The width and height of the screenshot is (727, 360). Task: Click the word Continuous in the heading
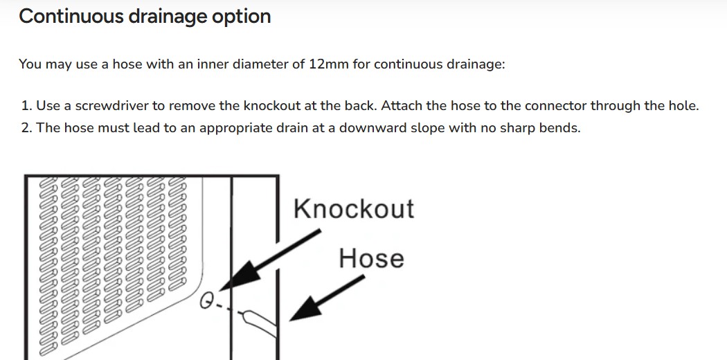point(71,16)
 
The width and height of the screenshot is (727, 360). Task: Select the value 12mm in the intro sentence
point(329,64)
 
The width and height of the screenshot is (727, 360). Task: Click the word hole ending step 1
point(683,106)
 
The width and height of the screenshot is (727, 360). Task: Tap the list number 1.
point(26,106)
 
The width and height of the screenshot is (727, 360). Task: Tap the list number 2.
point(26,127)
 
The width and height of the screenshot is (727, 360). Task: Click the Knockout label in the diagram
point(354,208)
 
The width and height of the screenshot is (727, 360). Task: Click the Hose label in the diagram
point(371,258)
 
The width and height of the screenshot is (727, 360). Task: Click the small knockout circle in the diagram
point(206,302)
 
